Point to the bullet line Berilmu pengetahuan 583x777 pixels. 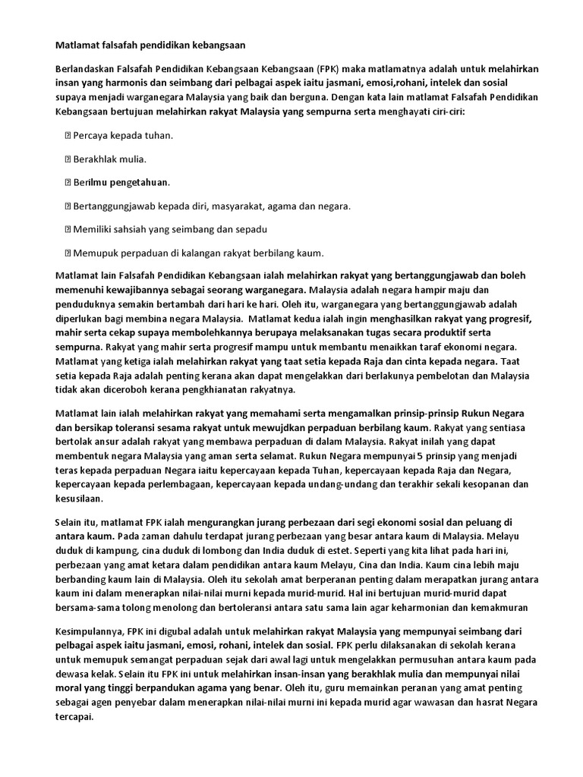121,182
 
